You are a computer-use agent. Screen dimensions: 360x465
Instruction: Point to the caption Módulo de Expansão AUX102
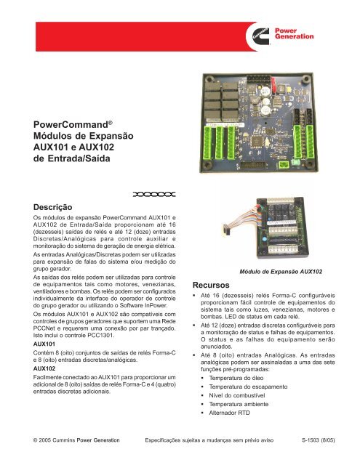pyautogui.click(x=281, y=271)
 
